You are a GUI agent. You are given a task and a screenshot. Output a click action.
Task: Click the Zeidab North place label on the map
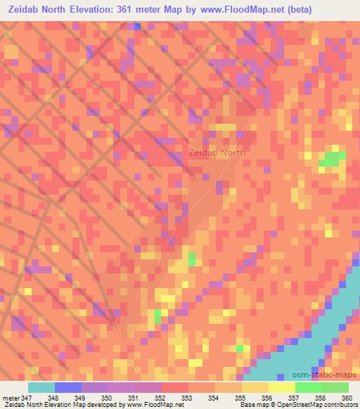coord(217,152)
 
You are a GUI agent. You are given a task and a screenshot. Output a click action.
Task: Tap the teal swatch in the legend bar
coord(41,387)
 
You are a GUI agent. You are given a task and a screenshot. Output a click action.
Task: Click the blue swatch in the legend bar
coord(68,387)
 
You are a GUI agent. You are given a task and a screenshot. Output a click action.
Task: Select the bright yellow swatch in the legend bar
coord(282,387)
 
